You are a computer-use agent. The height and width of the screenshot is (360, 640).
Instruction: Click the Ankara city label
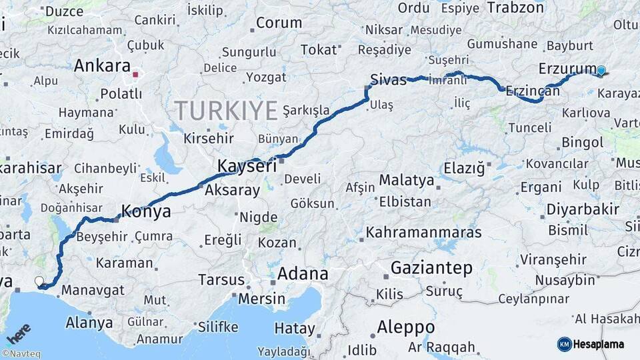[101, 66]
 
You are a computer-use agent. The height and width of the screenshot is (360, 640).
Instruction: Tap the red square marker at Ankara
[136, 75]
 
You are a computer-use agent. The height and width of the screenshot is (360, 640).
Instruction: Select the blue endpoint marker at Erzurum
[601, 71]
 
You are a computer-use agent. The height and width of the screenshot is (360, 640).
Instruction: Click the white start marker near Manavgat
[39, 281]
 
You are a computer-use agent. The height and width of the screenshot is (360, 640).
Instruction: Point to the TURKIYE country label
[225, 110]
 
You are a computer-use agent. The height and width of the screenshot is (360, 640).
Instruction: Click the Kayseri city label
[247, 166]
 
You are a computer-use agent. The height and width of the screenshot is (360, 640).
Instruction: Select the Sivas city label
[388, 80]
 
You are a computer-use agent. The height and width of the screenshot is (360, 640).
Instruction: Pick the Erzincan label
[533, 91]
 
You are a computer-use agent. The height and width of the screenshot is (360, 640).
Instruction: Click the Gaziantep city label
[431, 268]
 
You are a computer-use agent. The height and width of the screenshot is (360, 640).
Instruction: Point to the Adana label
[303, 274]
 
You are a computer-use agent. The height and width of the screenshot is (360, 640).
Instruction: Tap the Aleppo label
[405, 327]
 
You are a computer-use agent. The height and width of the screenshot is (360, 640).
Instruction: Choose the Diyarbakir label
[583, 209]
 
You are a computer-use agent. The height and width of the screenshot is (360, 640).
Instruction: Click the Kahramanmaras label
[423, 233]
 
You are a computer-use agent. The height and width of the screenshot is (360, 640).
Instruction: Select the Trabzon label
[515, 8]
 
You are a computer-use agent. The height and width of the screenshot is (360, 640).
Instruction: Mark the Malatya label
[406, 180]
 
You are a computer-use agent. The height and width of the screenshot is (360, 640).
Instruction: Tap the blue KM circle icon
[564, 344]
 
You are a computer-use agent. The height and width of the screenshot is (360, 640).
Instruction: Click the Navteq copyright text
[21, 354]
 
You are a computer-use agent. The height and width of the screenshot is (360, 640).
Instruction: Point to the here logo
[19, 333]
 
